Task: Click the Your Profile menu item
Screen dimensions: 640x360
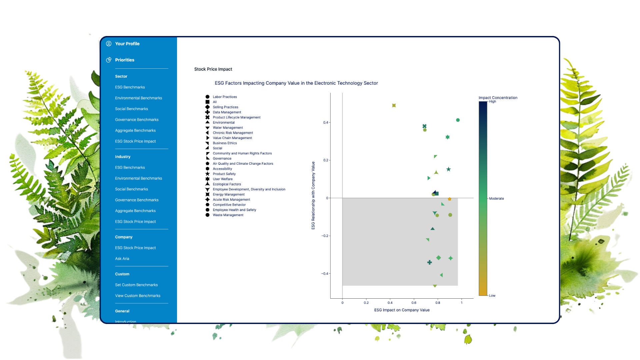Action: [x=127, y=44]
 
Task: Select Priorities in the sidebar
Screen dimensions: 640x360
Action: [x=124, y=60]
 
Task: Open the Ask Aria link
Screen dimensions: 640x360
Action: [x=122, y=259]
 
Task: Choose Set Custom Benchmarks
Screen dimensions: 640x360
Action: [x=136, y=285]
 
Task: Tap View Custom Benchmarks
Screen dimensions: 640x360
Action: [x=138, y=296]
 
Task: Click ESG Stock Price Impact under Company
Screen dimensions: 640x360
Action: [x=135, y=248]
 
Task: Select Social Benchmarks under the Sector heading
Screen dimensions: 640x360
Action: [x=131, y=109]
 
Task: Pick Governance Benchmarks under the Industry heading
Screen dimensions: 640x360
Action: [x=137, y=200]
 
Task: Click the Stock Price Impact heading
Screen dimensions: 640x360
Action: [x=213, y=69]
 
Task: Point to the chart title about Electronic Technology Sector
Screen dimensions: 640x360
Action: [x=296, y=83]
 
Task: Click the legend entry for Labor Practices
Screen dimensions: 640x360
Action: [x=221, y=97]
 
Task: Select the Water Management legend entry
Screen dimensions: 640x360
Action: [x=224, y=128]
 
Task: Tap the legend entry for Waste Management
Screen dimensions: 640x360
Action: [x=224, y=215]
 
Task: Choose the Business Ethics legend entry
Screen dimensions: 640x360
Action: [x=221, y=143]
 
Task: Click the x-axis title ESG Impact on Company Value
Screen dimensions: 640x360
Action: [x=402, y=310]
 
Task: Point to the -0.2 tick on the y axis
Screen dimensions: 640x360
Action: [x=325, y=236]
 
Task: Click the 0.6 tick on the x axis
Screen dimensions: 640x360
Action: [x=414, y=303]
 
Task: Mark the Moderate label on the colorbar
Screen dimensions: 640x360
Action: [x=496, y=199]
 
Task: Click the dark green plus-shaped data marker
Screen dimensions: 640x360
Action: [x=429, y=263]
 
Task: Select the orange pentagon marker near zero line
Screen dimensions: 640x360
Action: [x=449, y=199]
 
